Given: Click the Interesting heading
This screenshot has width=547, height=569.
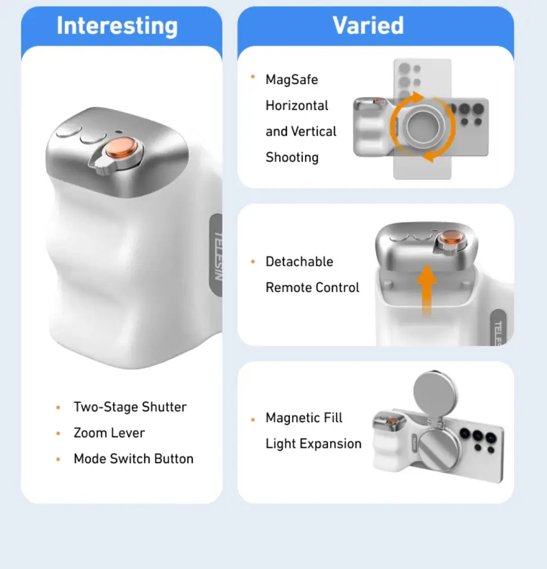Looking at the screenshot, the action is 117,26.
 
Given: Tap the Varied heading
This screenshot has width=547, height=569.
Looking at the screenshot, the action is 368,25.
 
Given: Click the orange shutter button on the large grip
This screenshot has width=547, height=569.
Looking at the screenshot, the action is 122,149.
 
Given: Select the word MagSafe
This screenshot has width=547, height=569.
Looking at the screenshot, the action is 291,80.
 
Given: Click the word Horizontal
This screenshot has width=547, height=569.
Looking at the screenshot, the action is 296,105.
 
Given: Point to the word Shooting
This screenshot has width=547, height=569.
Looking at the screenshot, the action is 292,158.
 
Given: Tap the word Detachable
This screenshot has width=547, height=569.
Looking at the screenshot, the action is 299,262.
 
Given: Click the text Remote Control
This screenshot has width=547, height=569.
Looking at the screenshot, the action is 312,288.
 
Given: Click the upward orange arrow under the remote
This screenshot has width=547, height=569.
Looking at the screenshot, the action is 427,290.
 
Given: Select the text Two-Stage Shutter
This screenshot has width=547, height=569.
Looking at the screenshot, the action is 130,407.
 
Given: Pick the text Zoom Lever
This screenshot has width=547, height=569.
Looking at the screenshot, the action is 109,433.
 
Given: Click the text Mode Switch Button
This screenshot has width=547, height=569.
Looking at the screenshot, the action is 133,459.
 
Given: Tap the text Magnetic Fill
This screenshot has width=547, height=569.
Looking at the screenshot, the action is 304,418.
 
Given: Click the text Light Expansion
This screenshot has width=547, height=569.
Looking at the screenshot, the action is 313,444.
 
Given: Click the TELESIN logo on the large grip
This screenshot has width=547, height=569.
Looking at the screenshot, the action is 217,256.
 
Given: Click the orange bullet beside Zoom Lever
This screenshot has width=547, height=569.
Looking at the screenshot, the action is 58,433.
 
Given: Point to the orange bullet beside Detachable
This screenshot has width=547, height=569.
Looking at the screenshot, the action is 253,262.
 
